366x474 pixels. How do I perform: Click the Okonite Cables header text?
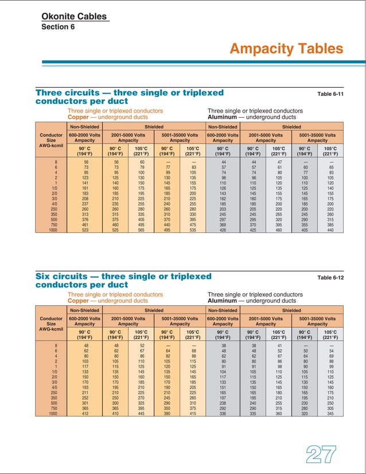74,16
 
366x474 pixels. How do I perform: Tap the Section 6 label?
58,26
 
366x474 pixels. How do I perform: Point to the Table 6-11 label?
330,94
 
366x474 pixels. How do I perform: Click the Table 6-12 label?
330,278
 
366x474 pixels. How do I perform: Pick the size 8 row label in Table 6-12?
56,345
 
